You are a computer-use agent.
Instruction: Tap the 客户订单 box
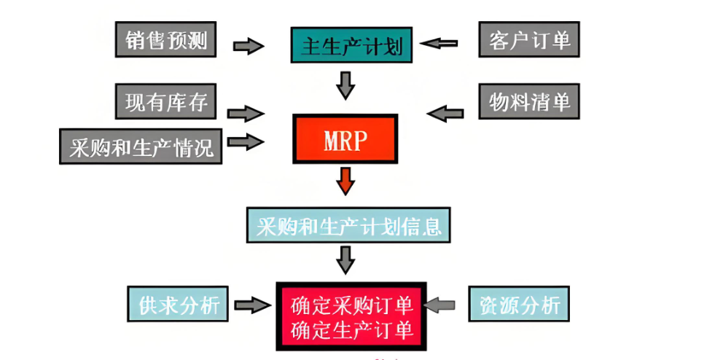coord(529,39)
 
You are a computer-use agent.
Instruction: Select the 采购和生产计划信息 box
coord(349,226)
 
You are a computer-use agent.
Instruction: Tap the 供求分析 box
coord(173,305)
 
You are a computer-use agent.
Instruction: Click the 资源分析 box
coord(520,305)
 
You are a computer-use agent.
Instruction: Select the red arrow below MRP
coord(346,181)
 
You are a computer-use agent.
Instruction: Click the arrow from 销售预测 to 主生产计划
coord(249,46)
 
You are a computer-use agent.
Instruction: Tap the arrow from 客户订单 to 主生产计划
coord(440,43)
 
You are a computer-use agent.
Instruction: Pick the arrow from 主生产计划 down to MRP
coord(346,85)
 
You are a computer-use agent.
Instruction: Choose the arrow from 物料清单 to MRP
coord(445,113)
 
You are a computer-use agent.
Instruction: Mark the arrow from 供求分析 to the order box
coord(253,306)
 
